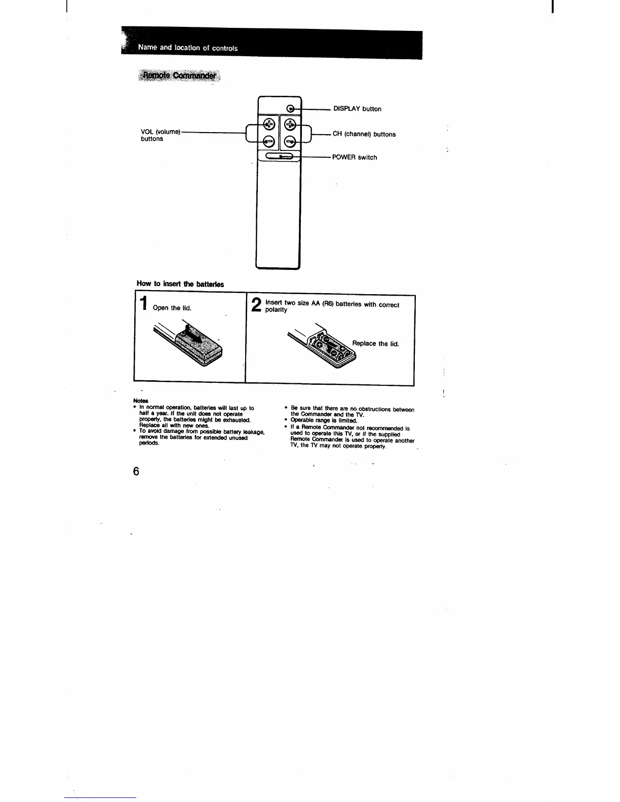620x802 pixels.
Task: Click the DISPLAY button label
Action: [x=357, y=109]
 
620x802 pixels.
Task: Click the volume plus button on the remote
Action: [x=269, y=123]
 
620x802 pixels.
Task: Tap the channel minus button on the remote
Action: [x=290, y=141]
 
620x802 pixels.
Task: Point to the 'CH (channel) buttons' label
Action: [x=364, y=134]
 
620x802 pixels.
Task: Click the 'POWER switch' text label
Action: [x=355, y=157]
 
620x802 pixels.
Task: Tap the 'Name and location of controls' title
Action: [x=188, y=48]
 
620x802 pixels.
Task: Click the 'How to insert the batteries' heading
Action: [x=180, y=284]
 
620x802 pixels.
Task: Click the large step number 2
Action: [x=257, y=305]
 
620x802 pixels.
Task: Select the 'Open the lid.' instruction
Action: [x=172, y=308]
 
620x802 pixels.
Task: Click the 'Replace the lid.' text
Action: [x=375, y=344]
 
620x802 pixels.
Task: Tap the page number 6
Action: [x=136, y=471]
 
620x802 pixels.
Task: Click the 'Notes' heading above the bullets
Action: [x=138, y=401]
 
